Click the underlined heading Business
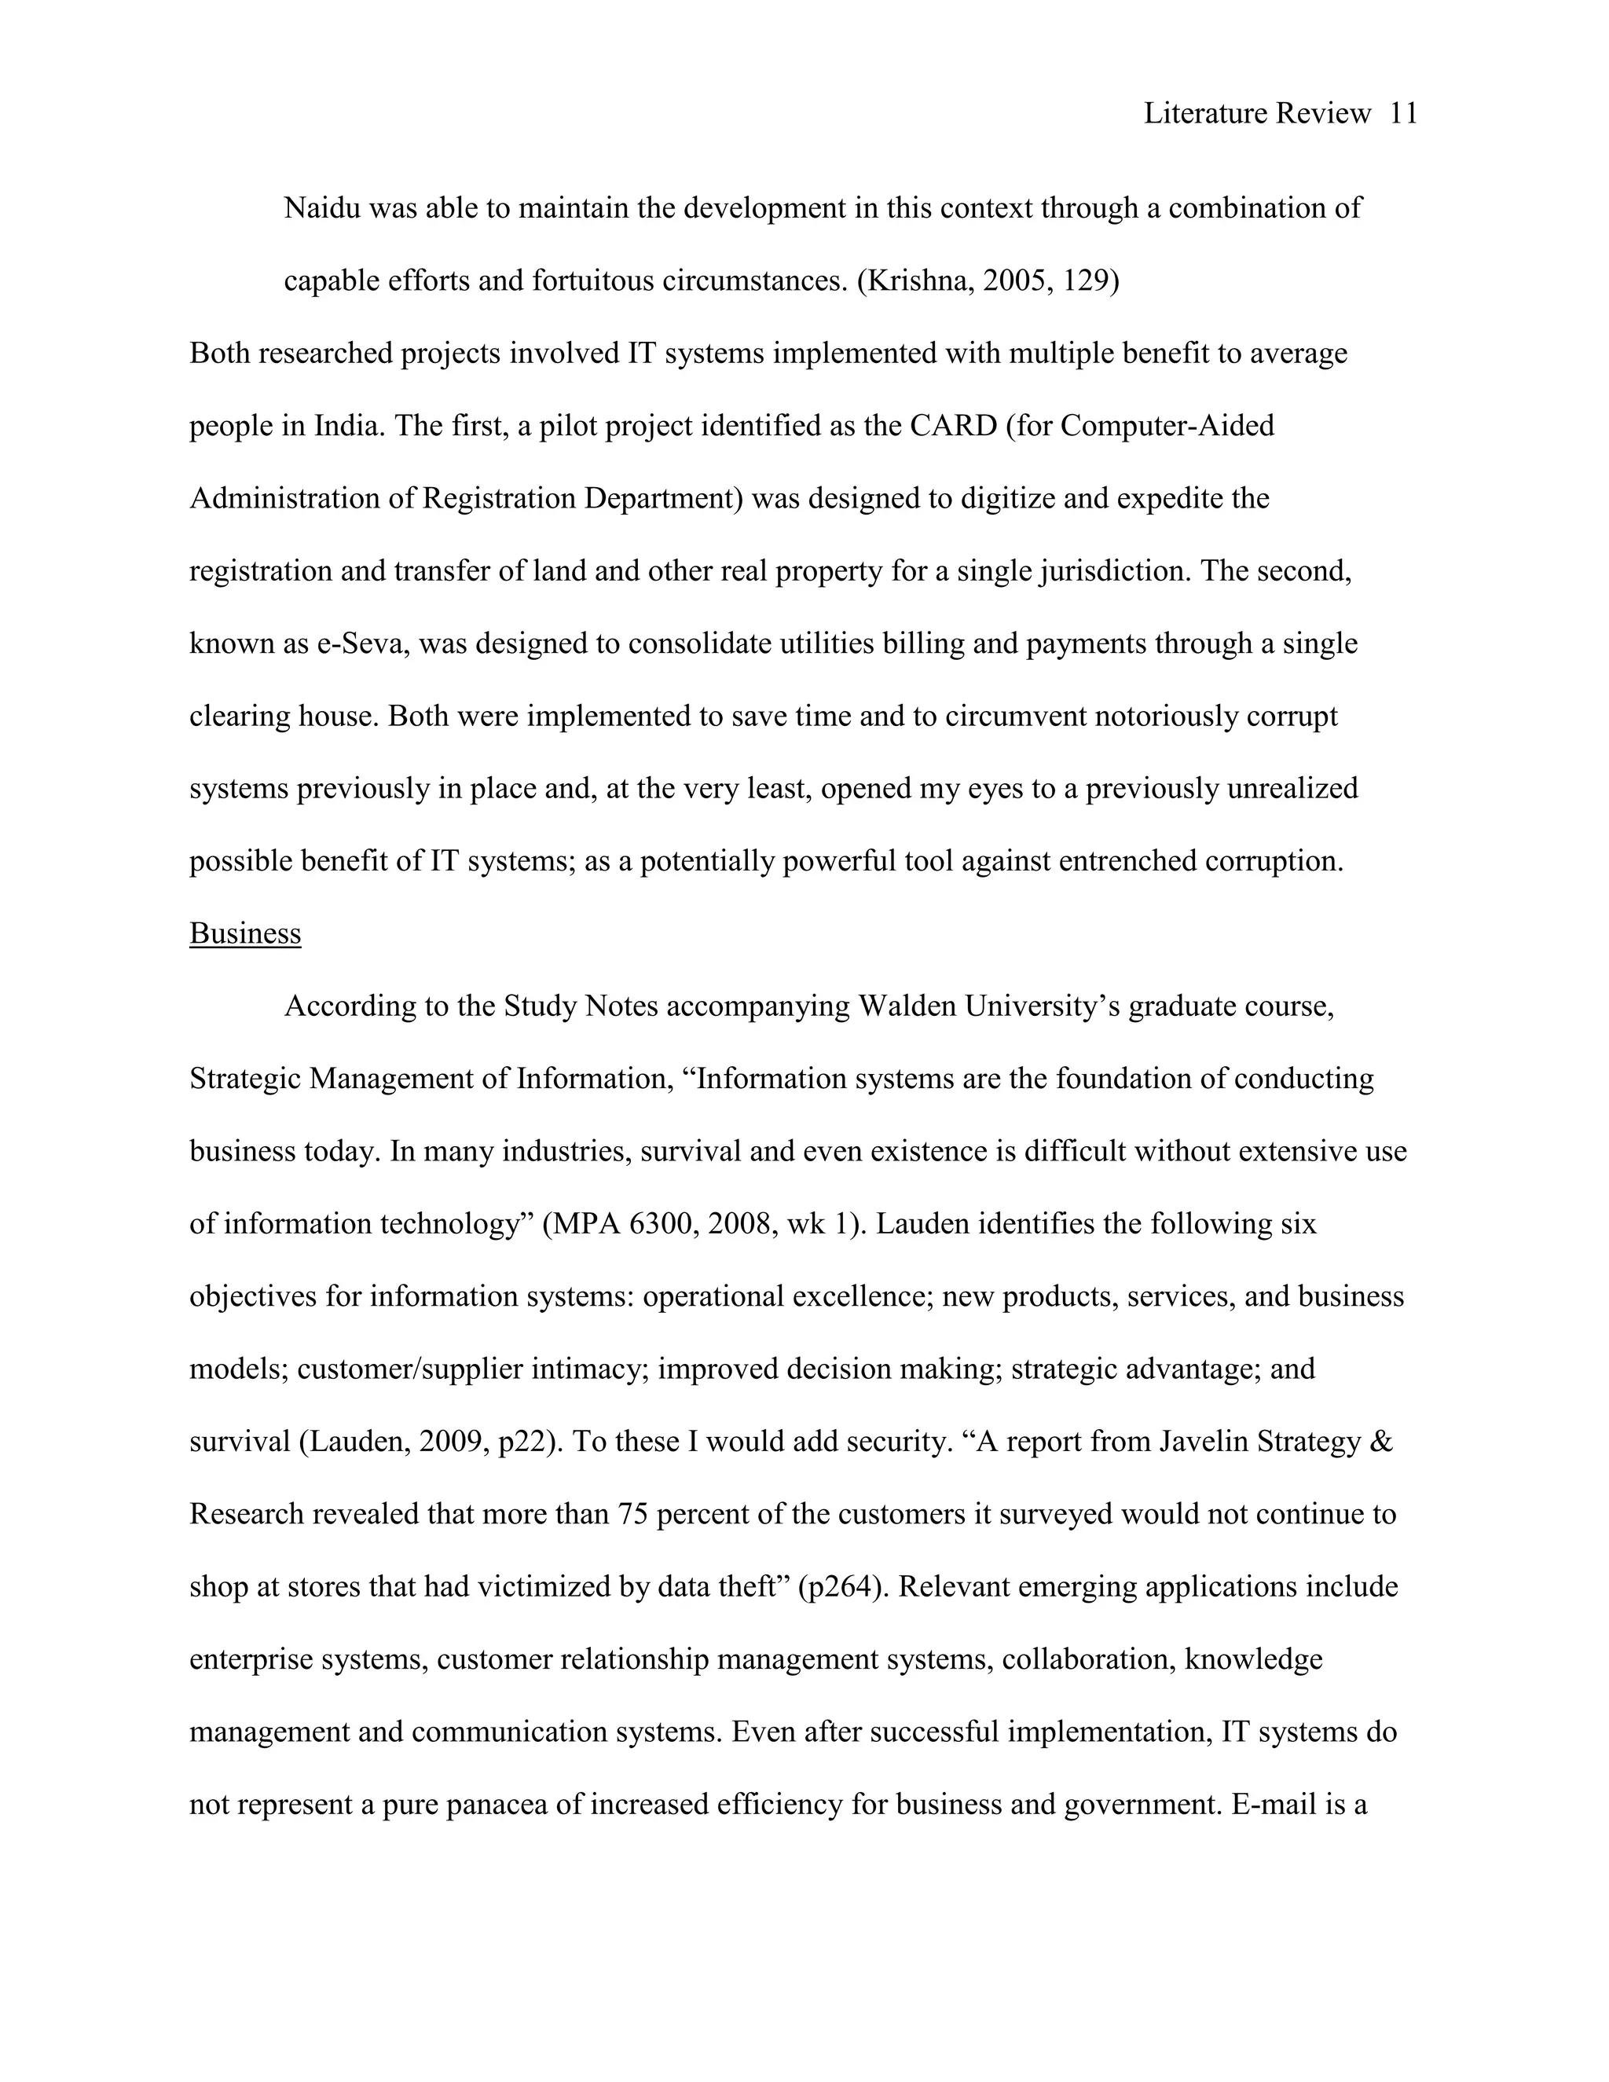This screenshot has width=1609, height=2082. pyautogui.click(x=245, y=933)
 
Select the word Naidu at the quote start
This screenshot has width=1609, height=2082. pyautogui.click(x=322, y=208)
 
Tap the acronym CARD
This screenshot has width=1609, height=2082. pyautogui.click(x=952, y=425)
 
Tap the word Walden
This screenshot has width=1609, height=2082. pyautogui.click(x=907, y=1006)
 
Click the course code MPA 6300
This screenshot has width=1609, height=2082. pyautogui.click(x=621, y=1224)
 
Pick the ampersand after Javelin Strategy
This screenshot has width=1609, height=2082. pyautogui.click(x=1380, y=1442)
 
